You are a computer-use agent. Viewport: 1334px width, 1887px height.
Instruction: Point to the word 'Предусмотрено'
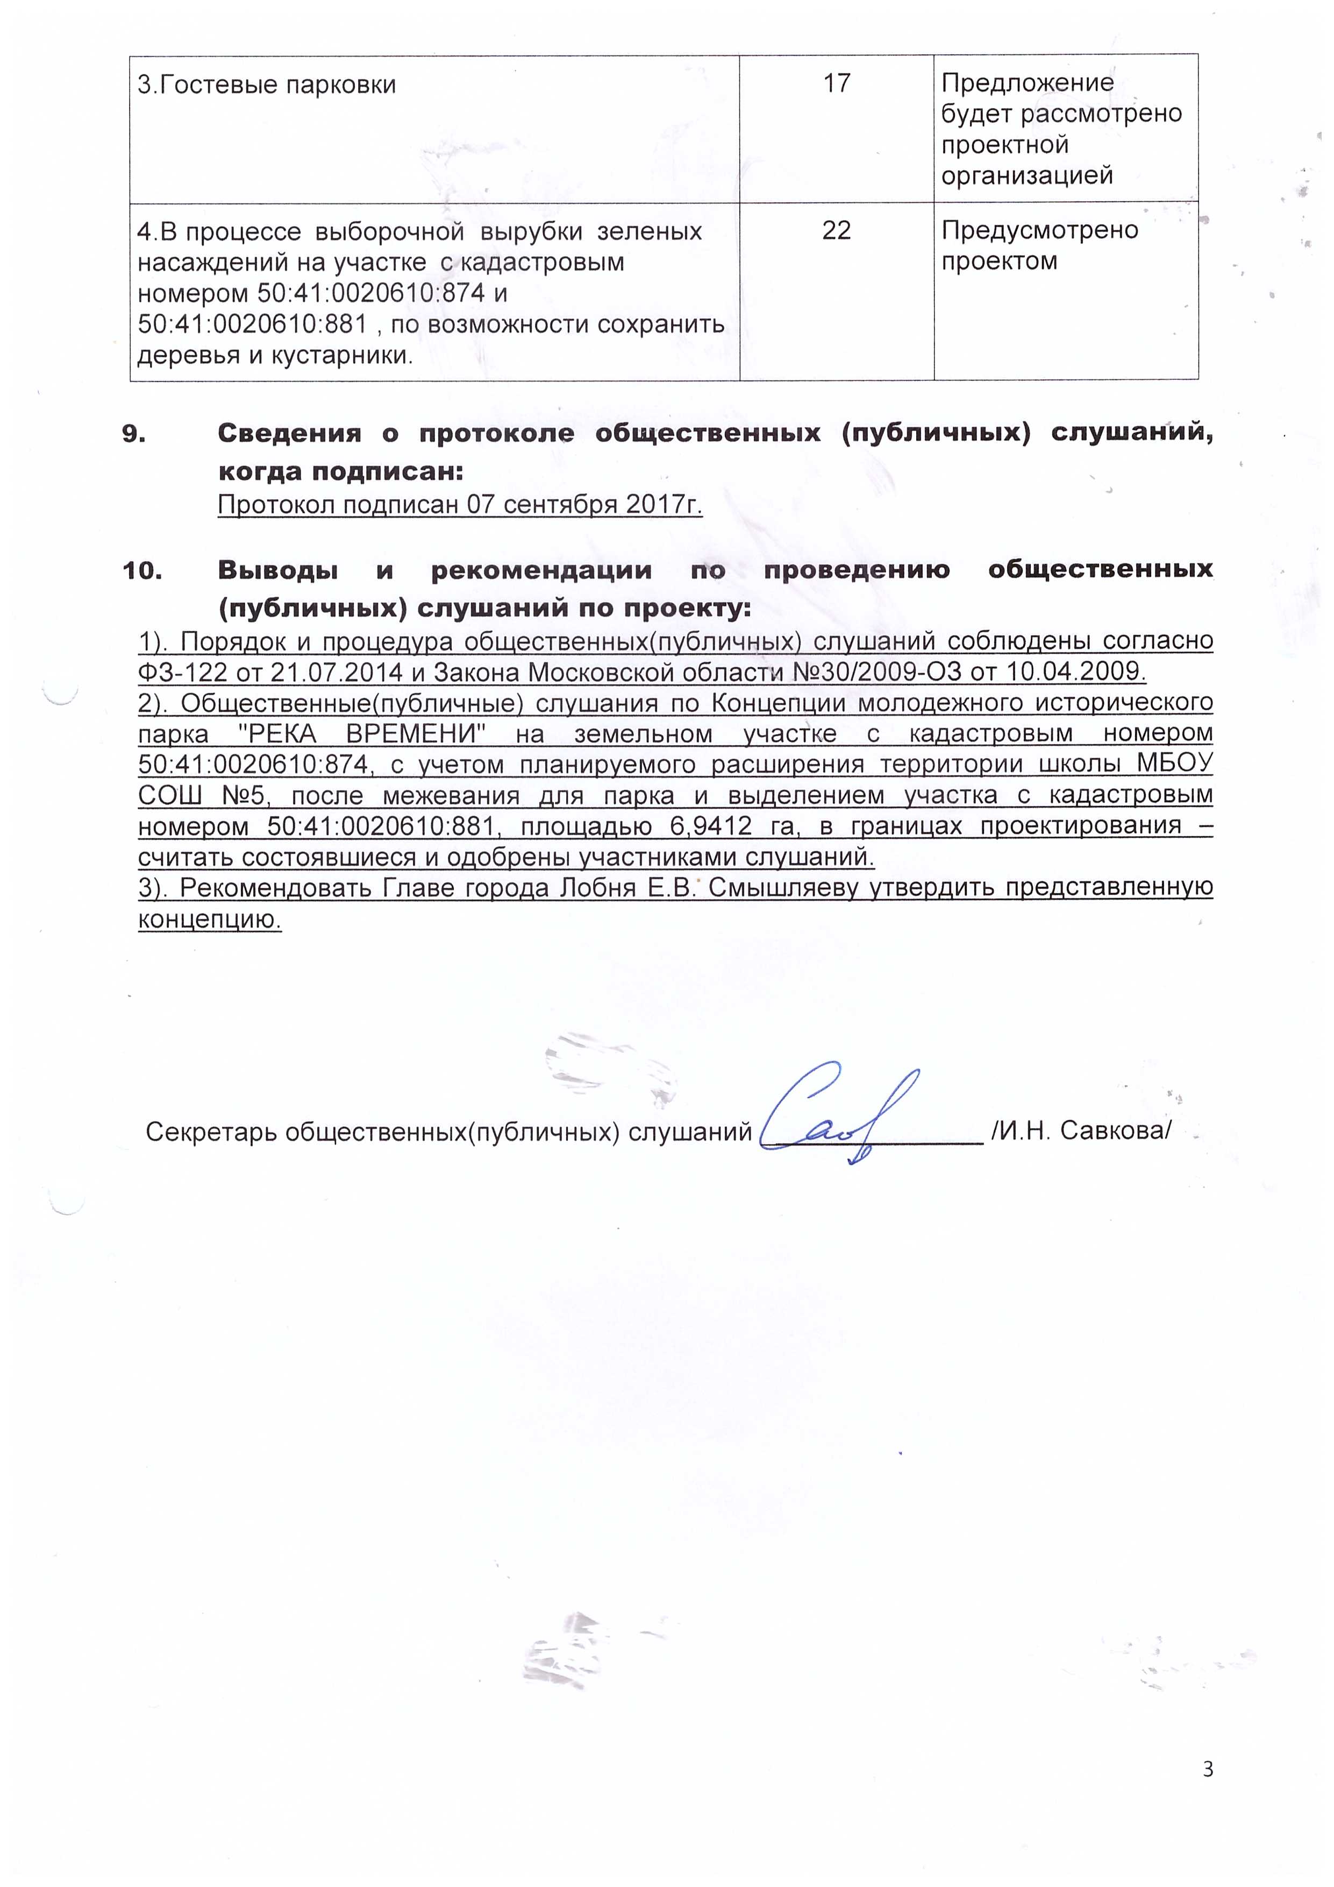(1039, 230)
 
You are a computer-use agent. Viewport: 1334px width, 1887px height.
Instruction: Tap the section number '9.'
(134, 434)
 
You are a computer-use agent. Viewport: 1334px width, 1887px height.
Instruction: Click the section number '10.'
(142, 570)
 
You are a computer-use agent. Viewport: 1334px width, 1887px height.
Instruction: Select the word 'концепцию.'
(210, 919)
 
